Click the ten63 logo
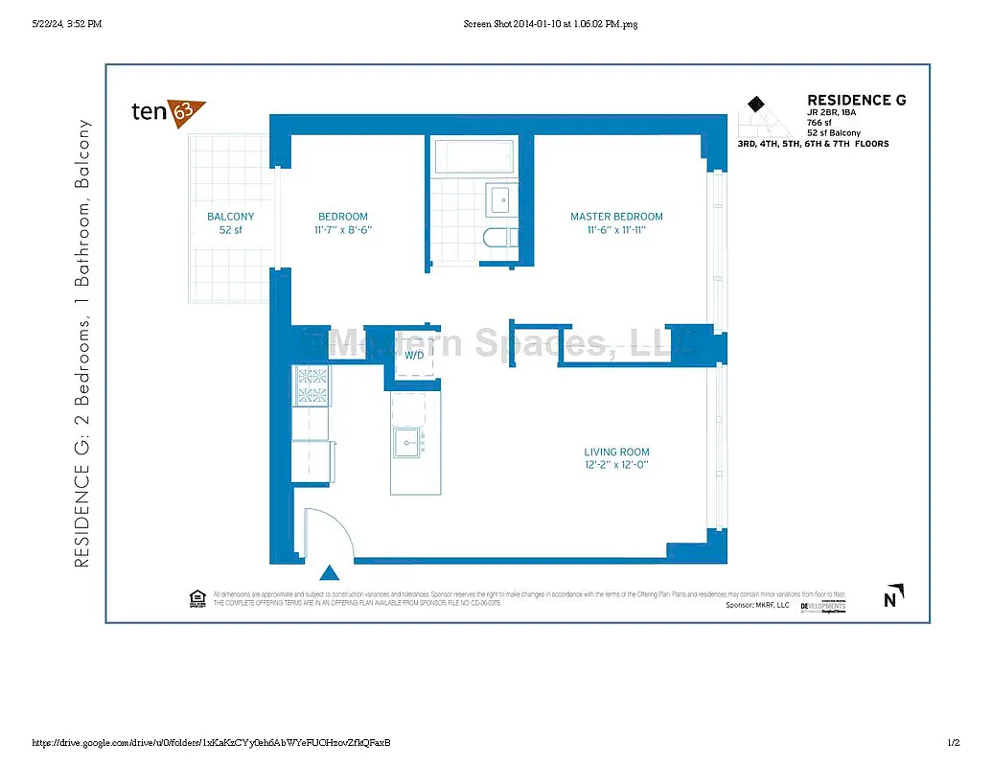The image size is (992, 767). click(x=168, y=111)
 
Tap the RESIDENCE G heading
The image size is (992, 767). click(x=856, y=100)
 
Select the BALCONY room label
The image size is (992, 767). click(x=231, y=217)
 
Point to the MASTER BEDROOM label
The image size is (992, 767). click(x=616, y=217)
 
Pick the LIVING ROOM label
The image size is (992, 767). click(x=616, y=453)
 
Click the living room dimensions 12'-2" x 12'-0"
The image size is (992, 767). click(x=616, y=466)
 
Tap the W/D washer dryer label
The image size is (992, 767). click(x=414, y=356)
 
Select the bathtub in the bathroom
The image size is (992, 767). click(x=475, y=155)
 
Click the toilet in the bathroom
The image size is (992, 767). click(x=499, y=238)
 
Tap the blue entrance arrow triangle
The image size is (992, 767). click(x=329, y=573)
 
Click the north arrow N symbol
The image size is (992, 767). click(x=890, y=600)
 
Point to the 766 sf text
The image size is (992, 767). click(x=819, y=123)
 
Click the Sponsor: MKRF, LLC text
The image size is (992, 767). click(x=758, y=606)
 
